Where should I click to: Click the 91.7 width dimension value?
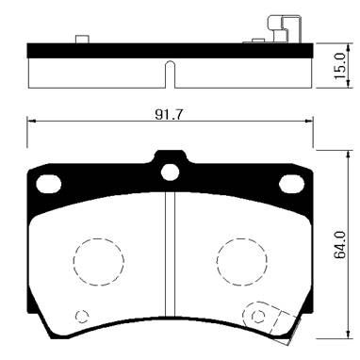pos(169,113)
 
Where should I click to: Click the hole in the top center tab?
pos(170,172)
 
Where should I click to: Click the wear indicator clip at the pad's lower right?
pos(261,318)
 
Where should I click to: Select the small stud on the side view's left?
pos(81,39)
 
